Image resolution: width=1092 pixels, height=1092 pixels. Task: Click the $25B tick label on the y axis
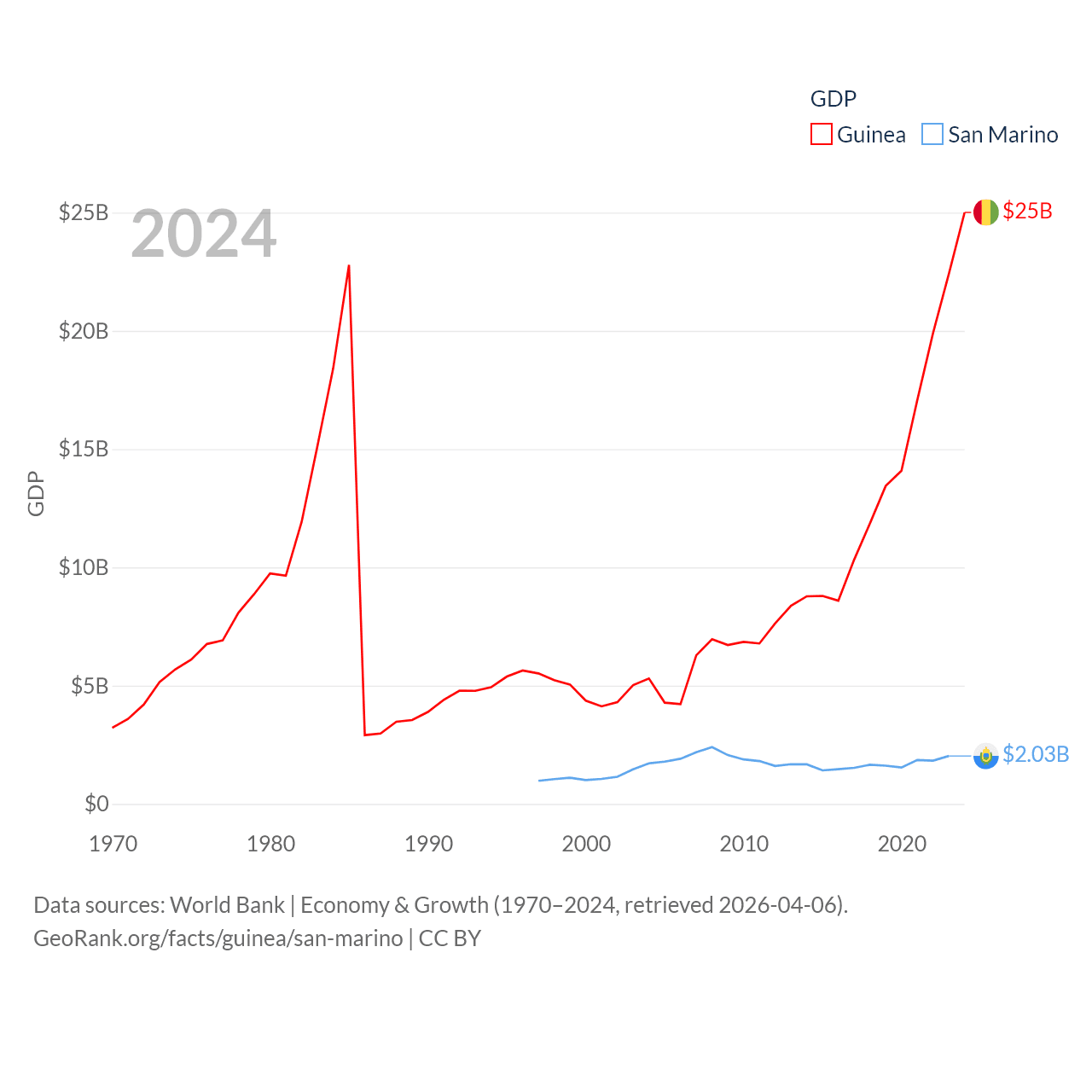tap(83, 212)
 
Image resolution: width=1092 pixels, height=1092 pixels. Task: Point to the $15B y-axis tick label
tap(83, 449)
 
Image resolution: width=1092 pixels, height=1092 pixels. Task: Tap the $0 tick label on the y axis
tap(96, 804)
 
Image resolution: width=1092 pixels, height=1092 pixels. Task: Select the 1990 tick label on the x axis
tap(428, 844)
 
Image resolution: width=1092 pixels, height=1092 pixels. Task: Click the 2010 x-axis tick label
tap(744, 844)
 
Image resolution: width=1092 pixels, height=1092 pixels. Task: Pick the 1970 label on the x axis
tap(113, 844)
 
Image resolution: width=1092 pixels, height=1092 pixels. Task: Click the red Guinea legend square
tap(821, 135)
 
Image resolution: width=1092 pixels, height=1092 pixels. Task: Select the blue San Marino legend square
tap(932, 135)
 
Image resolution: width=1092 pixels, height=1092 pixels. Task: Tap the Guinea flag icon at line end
tap(985, 212)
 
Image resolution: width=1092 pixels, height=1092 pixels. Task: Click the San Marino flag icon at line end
tap(985, 756)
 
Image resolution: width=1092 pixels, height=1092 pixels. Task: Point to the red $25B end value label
tap(1027, 212)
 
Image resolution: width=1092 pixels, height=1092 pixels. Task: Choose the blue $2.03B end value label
tap(1036, 755)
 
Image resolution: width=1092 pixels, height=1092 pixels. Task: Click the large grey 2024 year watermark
tap(203, 234)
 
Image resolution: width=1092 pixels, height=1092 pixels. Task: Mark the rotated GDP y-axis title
tap(36, 493)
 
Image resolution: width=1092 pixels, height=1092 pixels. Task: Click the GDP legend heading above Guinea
tap(833, 99)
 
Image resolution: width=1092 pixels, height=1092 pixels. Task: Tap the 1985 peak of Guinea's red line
tap(349, 266)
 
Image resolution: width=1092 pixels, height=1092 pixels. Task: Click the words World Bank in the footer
tap(227, 904)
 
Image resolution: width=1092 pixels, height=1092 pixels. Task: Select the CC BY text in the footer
tap(450, 938)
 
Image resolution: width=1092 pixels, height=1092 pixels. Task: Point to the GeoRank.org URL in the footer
tap(218, 938)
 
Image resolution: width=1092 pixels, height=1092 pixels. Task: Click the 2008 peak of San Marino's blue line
tap(712, 747)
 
